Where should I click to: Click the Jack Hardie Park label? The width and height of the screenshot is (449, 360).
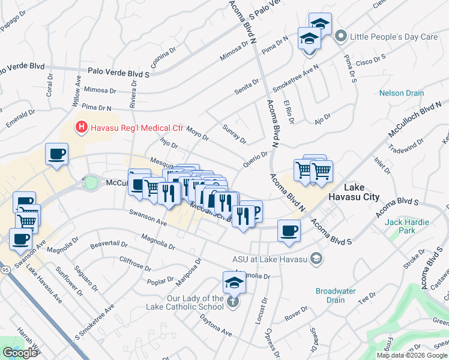click(408, 226)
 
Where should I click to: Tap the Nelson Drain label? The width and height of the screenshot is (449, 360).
click(402, 94)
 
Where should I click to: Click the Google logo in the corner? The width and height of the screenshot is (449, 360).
click(20, 353)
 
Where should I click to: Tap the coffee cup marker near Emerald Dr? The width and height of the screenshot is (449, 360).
click(57, 154)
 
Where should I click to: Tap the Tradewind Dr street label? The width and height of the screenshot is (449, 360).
click(402, 146)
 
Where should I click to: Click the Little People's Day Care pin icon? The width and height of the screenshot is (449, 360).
click(342, 37)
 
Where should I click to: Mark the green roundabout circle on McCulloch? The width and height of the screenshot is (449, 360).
click(91, 182)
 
